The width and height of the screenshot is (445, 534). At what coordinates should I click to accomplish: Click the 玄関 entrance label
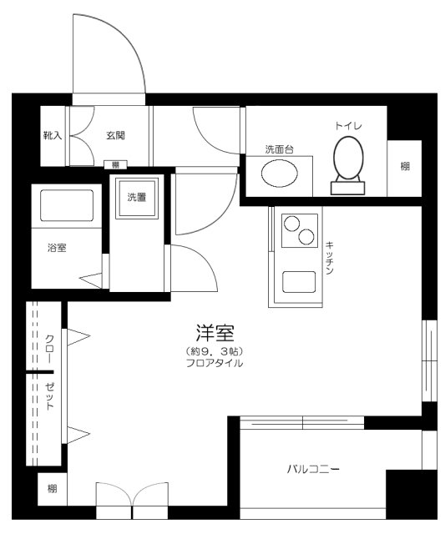pyautogui.click(x=115, y=134)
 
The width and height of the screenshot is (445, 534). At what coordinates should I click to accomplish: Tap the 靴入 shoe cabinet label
pyautogui.click(x=53, y=134)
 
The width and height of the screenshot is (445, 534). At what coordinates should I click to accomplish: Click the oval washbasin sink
pyautogui.click(x=278, y=174)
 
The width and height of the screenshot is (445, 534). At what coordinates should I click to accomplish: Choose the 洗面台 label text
pyautogui.click(x=278, y=149)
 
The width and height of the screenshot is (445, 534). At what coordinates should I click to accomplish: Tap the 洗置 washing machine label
pyautogui.click(x=137, y=198)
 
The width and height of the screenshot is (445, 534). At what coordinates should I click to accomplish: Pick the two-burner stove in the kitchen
pyautogui.click(x=298, y=230)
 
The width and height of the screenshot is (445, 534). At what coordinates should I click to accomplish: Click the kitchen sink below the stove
pyautogui.click(x=298, y=281)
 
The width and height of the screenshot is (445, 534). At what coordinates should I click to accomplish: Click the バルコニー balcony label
pyautogui.click(x=314, y=469)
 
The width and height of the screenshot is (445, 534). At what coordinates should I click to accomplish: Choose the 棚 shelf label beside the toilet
pyautogui.click(x=405, y=166)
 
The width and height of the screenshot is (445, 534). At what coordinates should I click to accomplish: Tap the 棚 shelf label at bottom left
pyautogui.click(x=52, y=489)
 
